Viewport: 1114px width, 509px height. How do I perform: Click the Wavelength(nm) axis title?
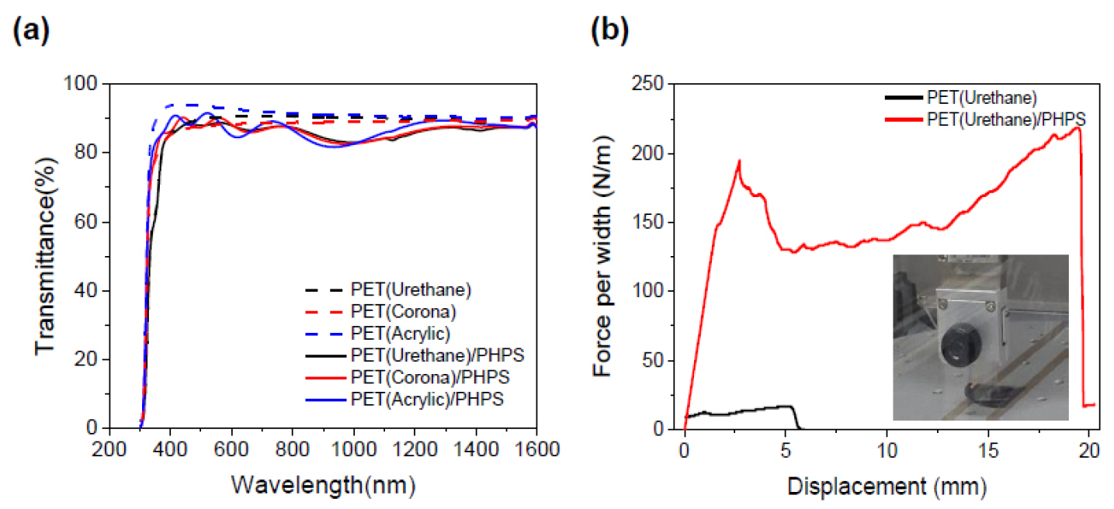pyautogui.click(x=322, y=486)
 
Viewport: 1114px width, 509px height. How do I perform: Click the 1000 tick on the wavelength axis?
pyautogui.click(x=354, y=449)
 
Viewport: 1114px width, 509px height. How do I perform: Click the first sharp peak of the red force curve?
pyautogui.click(x=739, y=161)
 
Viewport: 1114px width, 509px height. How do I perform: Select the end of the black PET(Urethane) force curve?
pyautogui.click(x=800, y=428)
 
